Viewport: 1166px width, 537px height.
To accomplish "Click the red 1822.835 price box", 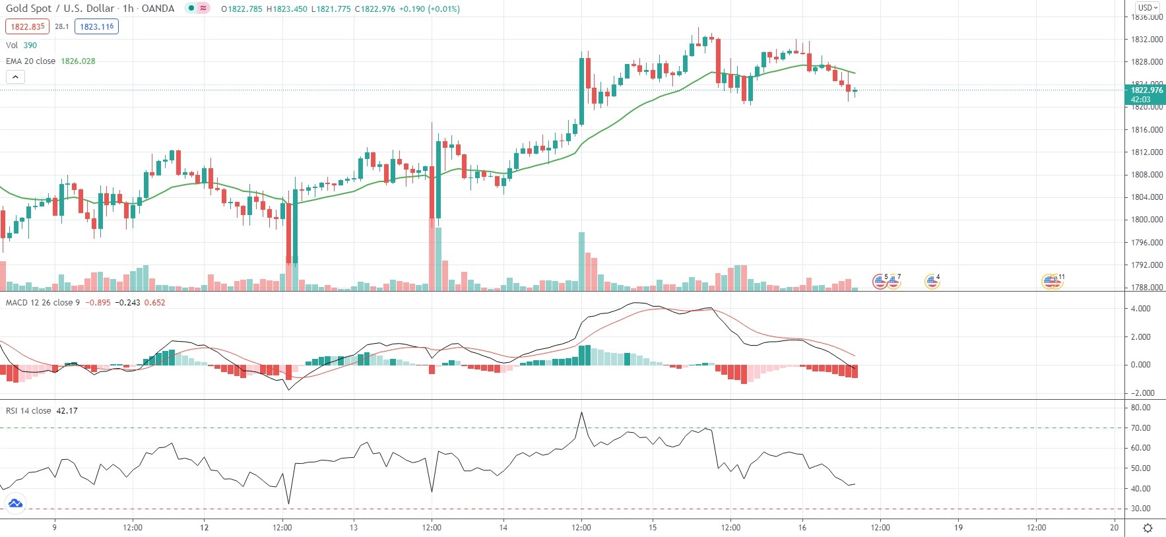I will [27, 26].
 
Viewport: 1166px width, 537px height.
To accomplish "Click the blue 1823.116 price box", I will [96, 26].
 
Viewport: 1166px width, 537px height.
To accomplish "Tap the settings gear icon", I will [1148, 528].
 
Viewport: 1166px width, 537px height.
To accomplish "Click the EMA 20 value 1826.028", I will [78, 61].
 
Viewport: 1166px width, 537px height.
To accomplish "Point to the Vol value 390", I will [30, 45].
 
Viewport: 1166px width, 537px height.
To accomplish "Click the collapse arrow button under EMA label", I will [15, 77].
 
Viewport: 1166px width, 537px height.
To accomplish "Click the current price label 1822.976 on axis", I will [1147, 90].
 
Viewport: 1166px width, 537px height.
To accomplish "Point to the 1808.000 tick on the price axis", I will [1147, 175].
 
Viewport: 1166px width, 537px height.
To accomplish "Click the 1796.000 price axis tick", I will [1147, 242].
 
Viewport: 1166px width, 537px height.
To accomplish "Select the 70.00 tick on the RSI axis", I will [1140, 428].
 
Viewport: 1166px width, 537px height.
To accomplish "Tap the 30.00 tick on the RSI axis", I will [1140, 509].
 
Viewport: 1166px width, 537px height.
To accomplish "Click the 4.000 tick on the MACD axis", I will [1140, 309].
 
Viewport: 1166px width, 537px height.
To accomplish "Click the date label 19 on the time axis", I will [958, 527].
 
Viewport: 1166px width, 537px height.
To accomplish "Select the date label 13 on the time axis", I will [354, 527].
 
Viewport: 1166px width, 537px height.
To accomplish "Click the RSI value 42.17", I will [67, 410].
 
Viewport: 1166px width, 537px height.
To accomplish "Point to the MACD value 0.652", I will [154, 302].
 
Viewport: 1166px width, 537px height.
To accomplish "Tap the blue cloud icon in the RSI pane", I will [15, 504].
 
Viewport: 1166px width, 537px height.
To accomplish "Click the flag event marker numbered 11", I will [1051, 282].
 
